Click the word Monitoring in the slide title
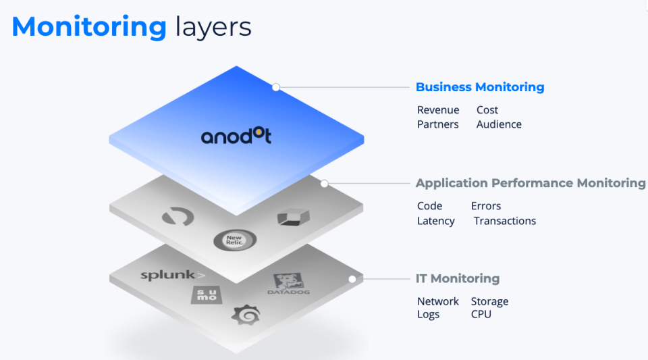[x=89, y=27]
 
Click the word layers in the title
[x=213, y=27]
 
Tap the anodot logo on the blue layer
[x=236, y=136]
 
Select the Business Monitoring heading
[x=480, y=87]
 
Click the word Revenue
[x=438, y=110]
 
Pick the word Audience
[x=499, y=124]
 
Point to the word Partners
[x=437, y=124]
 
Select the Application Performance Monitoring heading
[x=531, y=183]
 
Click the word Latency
[x=436, y=221]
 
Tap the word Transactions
[x=505, y=221]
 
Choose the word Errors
[x=486, y=206]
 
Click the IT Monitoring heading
[x=458, y=278]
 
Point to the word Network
[x=438, y=301]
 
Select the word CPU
[x=481, y=315]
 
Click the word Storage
[x=490, y=301]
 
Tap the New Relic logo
[x=234, y=240]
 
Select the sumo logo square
[x=205, y=294]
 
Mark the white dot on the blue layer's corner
[x=276, y=87]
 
